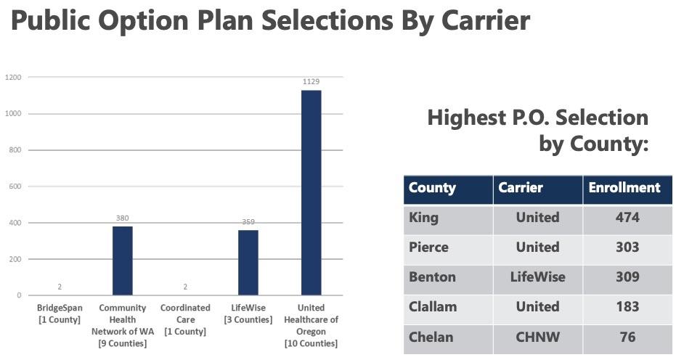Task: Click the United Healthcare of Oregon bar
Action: [311, 192]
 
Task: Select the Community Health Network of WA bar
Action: [122, 261]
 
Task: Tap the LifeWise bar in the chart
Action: [248, 262]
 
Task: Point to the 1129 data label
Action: [311, 82]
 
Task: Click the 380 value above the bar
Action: [122, 218]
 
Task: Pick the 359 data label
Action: [248, 222]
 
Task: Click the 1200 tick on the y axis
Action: [14, 77]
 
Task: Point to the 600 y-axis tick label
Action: [15, 187]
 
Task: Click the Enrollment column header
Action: [624, 187]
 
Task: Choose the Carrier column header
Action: [521, 187]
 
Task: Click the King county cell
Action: [424, 218]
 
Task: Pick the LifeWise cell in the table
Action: [537, 277]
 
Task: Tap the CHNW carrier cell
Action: [537, 337]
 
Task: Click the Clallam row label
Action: [433, 307]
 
